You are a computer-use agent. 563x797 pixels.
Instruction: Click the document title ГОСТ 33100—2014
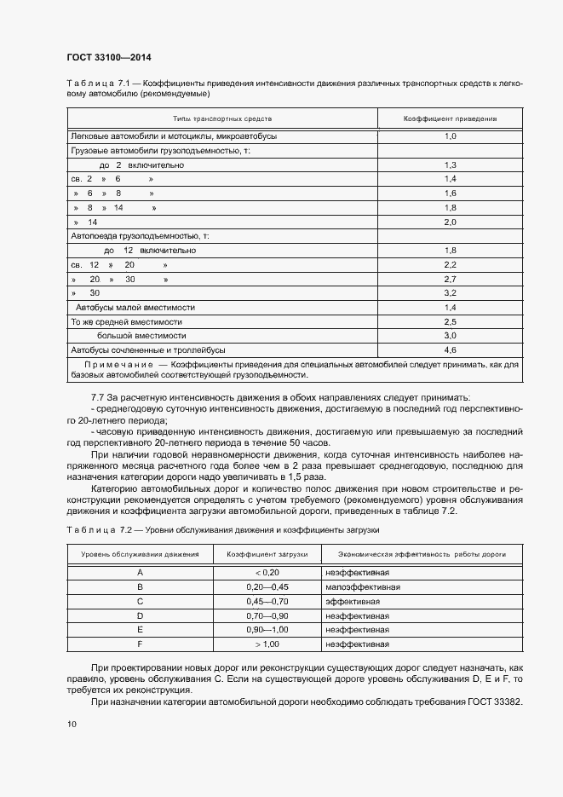coord(108,58)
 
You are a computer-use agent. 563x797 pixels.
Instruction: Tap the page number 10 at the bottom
coord(72,725)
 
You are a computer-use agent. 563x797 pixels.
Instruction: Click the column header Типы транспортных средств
coord(222,119)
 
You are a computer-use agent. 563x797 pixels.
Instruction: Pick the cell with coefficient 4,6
coord(451,350)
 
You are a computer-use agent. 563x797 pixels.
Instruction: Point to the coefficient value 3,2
coord(451,293)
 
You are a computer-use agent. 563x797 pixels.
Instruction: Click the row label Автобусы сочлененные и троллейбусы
coord(147,350)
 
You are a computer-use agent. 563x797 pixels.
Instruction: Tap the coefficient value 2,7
coord(451,279)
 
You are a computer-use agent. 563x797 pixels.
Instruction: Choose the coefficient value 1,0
coord(451,136)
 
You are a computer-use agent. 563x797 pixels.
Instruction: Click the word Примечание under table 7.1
coord(118,364)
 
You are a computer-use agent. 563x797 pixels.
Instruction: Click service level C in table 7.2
coord(140,601)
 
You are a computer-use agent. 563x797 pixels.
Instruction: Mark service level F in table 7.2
coord(140,644)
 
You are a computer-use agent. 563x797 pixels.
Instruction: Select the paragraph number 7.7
coord(97,399)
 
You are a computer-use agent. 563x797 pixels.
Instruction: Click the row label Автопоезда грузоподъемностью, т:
coord(139,236)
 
